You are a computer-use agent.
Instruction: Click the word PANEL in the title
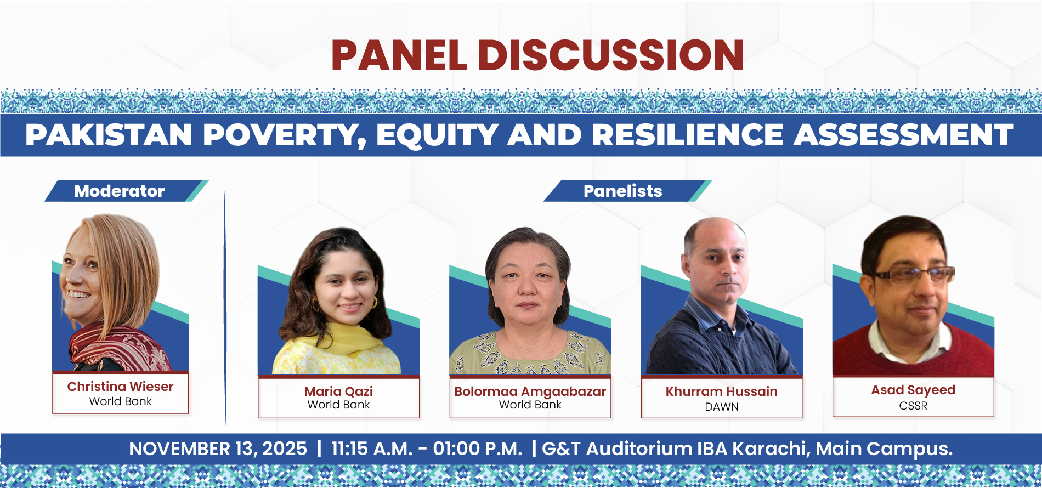coord(399,55)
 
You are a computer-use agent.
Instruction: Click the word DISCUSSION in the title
coord(611,55)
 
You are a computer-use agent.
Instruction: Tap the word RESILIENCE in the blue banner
coord(688,135)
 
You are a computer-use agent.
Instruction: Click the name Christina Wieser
coord(120,387)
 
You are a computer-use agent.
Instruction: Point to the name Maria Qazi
coord(339,391)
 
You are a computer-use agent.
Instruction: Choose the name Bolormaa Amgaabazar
coord(530,391)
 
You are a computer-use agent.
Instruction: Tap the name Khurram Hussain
coord(722,391)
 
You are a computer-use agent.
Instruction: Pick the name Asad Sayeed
coord(913,390)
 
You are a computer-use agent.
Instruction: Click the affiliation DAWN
coord(722,407)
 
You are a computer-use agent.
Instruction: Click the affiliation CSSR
coord(913,406)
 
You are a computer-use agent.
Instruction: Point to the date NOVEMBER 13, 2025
coord(218,449)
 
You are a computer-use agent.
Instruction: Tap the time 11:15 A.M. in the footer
coord(372,449)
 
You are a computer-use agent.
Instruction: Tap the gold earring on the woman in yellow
coord(376,302)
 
